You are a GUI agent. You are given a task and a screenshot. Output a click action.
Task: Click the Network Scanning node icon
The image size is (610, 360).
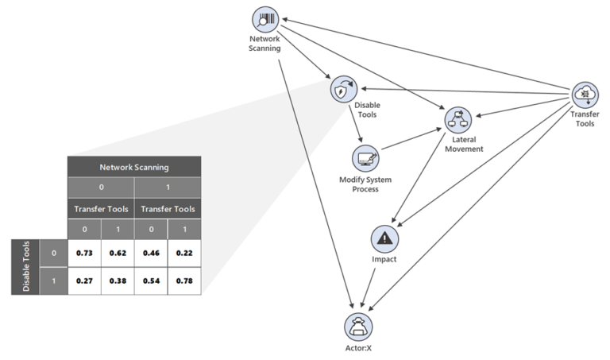pos(265,20)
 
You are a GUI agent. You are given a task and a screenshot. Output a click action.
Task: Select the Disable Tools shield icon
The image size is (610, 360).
pos(343,89)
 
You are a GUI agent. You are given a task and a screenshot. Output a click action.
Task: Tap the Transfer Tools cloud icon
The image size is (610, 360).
pos(586,94)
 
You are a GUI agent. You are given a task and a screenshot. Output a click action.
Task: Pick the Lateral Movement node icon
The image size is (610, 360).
pos(458,120)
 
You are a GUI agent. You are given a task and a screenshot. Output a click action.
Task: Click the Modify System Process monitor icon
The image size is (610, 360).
pos(365,159)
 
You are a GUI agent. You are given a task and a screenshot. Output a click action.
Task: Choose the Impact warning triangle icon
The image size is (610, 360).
pos(385,238)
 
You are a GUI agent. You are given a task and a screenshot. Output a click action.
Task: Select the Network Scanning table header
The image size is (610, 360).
pos(134,168)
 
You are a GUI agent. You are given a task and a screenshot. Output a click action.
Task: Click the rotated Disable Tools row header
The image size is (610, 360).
pos(25,266)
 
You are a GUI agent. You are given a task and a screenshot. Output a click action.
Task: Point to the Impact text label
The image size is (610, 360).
pos(385,259)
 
